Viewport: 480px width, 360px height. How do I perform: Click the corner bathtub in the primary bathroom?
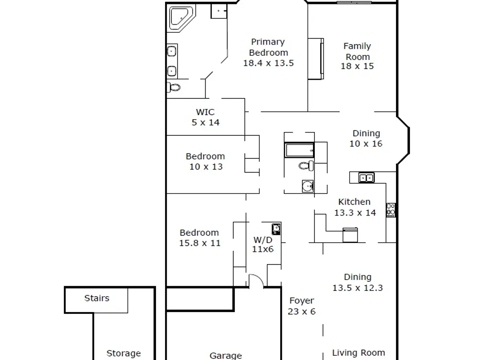(x=181, y=18)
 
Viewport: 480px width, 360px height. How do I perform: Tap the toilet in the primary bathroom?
(x=174, y=87)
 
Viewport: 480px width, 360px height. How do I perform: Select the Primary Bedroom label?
(x=268, y=52)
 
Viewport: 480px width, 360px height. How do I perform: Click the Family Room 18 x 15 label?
(x=357, y=56)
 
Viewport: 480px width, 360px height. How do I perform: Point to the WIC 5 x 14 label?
(x=205, y=117)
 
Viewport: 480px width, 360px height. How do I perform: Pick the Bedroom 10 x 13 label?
(x=205, y=161)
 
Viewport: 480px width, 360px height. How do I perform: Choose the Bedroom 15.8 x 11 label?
(x=199, y=238)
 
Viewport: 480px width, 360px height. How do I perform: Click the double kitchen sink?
(x=366, y=178)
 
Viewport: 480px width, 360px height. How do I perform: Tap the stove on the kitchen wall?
(x=391, y=210)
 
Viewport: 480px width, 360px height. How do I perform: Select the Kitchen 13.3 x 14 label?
(x=355, y=207)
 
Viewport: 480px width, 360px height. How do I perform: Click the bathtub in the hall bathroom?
(x=300, y=150)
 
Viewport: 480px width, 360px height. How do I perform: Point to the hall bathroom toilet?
(x=306, y=166)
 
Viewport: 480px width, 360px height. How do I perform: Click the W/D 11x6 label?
(x=263, y=244)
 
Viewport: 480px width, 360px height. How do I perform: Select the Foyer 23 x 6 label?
(x=301, y=306)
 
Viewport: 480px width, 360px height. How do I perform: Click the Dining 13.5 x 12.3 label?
(x=358, y=282)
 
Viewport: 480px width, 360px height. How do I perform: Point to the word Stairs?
(x=97, y=298)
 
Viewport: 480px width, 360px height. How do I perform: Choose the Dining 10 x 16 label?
(x=366, y=138)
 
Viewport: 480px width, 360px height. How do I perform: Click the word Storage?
(x=124, y=354)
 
